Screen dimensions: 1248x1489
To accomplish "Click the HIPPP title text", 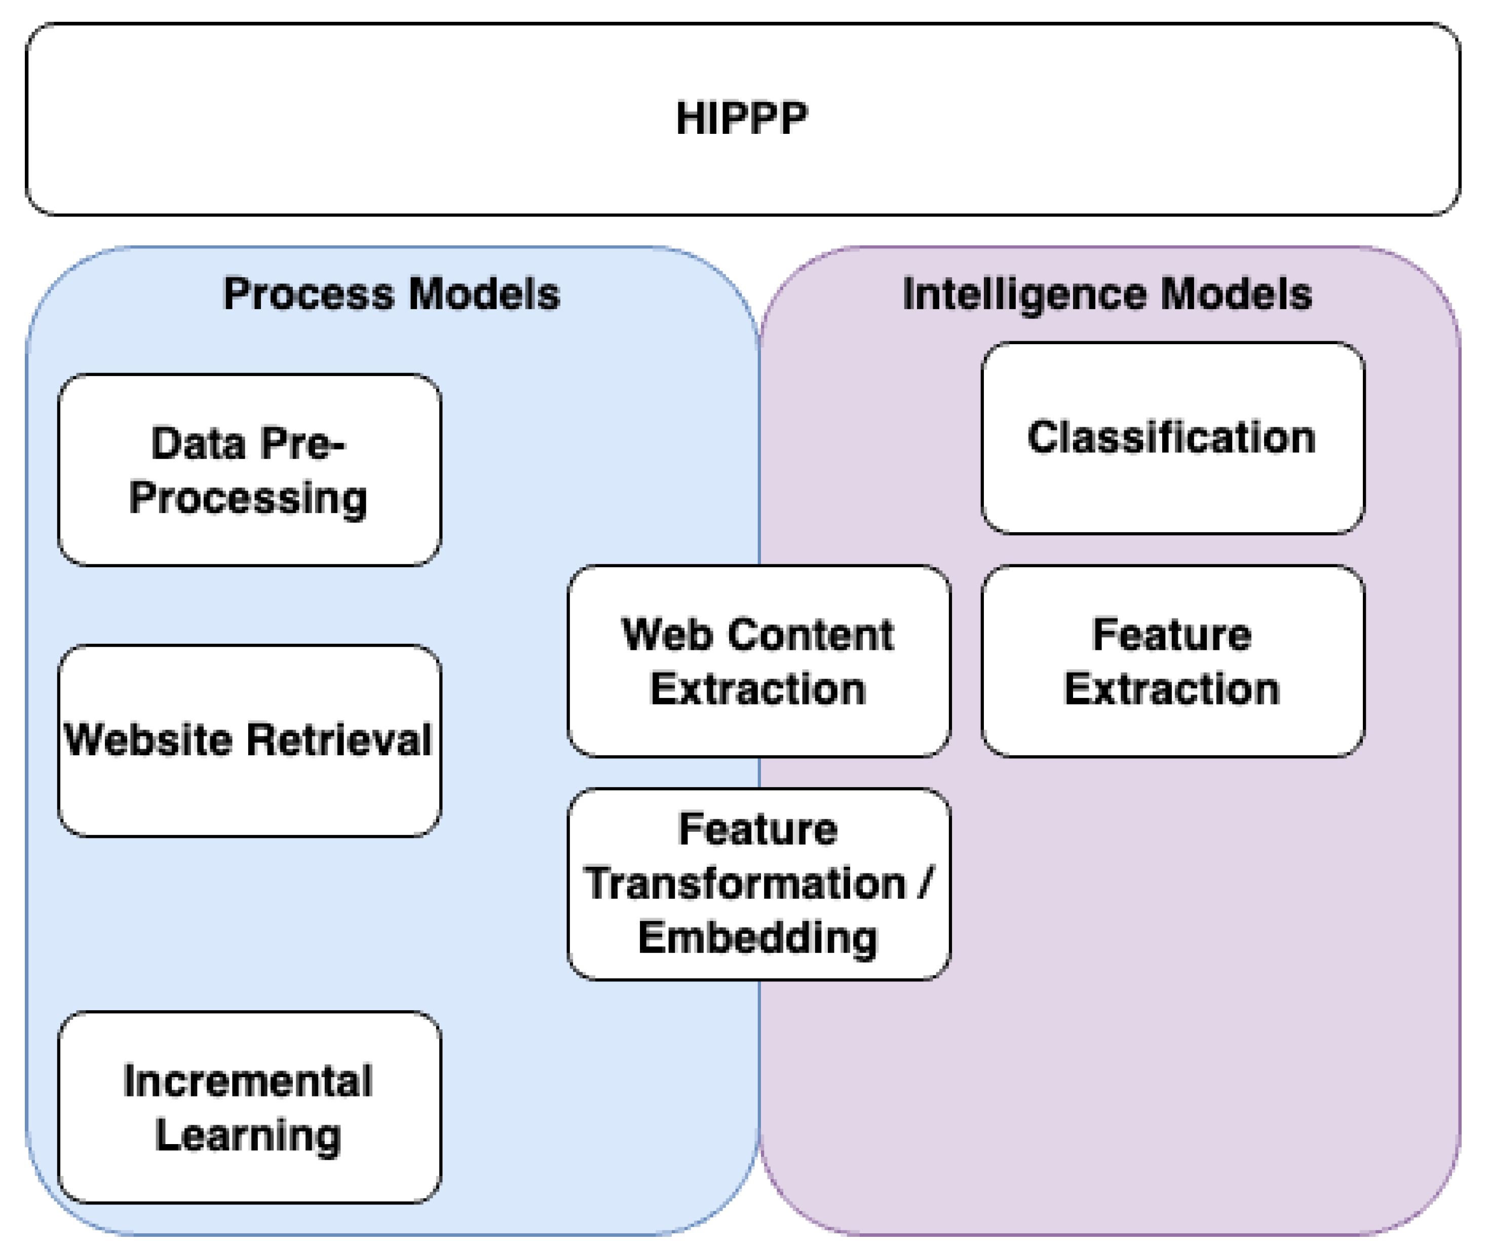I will coord(742,119).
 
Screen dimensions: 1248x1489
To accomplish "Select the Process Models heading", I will coord(392,293).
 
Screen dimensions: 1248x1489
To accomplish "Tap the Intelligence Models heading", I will coord(1107,293).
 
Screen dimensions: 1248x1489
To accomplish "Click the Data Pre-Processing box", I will coord(249,470).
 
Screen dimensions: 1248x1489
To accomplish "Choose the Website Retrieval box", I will coord(249,740).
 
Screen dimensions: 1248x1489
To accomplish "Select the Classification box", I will coord(1172,438).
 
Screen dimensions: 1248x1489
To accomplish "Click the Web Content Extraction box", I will coord(758,660).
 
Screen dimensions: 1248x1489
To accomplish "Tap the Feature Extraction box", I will coord(1172,660).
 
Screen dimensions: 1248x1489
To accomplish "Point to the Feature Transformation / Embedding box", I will coord(758,884).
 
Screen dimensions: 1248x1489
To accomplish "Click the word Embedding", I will coord(758,937).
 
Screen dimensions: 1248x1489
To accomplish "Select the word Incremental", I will coord(248,1081).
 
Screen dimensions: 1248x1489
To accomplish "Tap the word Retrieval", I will coord(340,740).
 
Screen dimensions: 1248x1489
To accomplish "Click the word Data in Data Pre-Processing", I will coord(197,444).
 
